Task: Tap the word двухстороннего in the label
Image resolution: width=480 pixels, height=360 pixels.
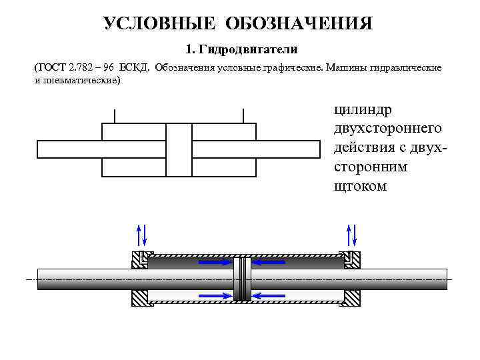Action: point(382,127)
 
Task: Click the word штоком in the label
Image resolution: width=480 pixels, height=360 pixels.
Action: point(360,185)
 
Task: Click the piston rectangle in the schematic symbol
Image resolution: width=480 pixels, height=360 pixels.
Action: point(179,150)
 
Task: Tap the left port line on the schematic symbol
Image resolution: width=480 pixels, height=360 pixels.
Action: point(115,116)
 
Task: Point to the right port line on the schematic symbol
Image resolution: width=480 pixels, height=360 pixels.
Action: point(243,116)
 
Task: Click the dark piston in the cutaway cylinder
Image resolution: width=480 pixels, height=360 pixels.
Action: point(241,279)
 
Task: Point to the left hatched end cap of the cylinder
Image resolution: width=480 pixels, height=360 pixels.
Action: point(139,279)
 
